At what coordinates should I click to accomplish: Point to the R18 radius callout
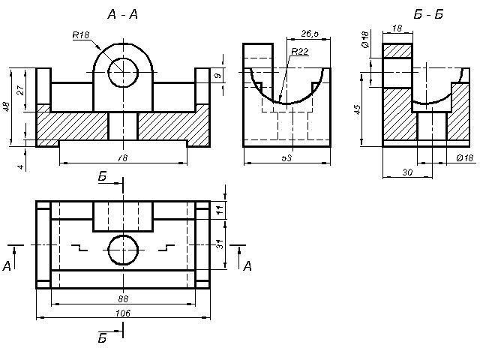coord(81,34)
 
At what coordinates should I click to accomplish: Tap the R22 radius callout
coord(299,51)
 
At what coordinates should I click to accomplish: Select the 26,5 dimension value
coord(310,34)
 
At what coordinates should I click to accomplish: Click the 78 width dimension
coord(122,157)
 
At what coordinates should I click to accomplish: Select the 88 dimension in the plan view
coord(124,298)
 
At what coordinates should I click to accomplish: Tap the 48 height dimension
coord(7,107)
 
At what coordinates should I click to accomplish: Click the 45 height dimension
coord(358,109)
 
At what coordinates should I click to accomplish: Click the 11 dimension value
coord(220,210)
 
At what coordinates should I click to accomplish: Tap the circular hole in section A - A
coord(123,72)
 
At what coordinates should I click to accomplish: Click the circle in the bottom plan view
coord(123,250)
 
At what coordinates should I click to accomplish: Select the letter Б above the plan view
coord(103,177)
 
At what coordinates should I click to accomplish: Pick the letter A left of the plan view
coord(7,265)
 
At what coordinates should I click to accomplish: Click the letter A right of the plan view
coord(247,265)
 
